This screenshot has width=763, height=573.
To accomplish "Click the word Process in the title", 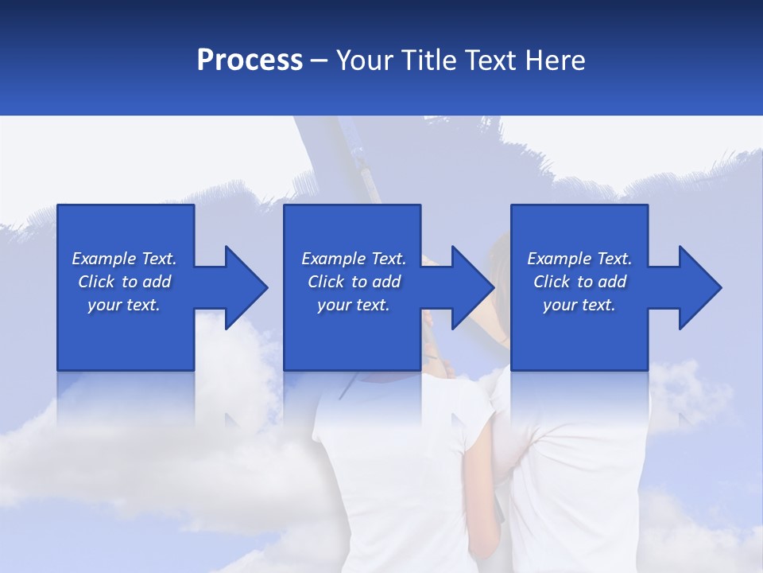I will click(250, 60).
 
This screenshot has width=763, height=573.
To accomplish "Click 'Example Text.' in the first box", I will click(124, 259).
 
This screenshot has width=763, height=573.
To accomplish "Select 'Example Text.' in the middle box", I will click(354, 259).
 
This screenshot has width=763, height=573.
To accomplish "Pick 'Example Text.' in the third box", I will click(579, 259).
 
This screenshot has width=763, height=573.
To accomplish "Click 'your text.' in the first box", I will click(124, 305).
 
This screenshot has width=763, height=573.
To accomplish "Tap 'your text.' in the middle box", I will click(354, 305).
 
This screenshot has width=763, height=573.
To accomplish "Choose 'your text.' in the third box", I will click(579, 305).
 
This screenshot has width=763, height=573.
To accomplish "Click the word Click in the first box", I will click(96, 282).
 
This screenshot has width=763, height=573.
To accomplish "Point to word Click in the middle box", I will click(326, 282).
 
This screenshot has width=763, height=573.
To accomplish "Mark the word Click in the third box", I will click(552, 282).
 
